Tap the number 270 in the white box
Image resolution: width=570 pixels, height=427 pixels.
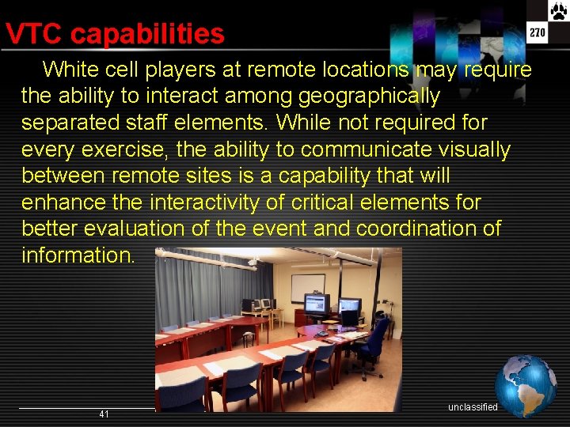pos(538,33)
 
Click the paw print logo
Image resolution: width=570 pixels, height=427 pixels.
pos(559,10)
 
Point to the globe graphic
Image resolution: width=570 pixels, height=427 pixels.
pos(526,386)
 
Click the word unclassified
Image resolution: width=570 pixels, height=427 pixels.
pos(473,407)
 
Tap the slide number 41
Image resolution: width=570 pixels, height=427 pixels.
pos(104,414)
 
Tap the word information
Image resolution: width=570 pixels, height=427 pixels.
pos(78,255)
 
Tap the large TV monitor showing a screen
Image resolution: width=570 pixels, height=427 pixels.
pos(317,304)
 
